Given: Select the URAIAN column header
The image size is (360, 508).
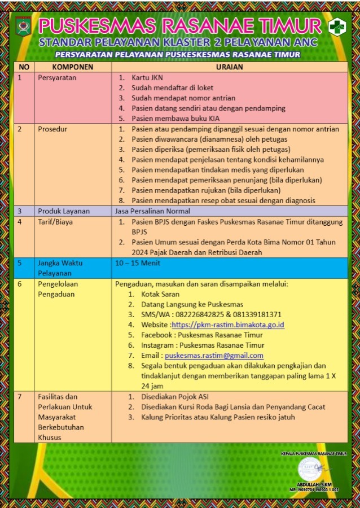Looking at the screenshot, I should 229,67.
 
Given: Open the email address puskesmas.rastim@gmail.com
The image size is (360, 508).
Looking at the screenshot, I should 214,355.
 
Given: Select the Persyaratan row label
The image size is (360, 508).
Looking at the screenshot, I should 57,77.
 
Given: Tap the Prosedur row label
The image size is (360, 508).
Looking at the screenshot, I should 52,129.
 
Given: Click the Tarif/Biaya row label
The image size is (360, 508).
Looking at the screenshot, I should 56,222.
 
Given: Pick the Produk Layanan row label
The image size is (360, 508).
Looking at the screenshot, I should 64,211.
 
